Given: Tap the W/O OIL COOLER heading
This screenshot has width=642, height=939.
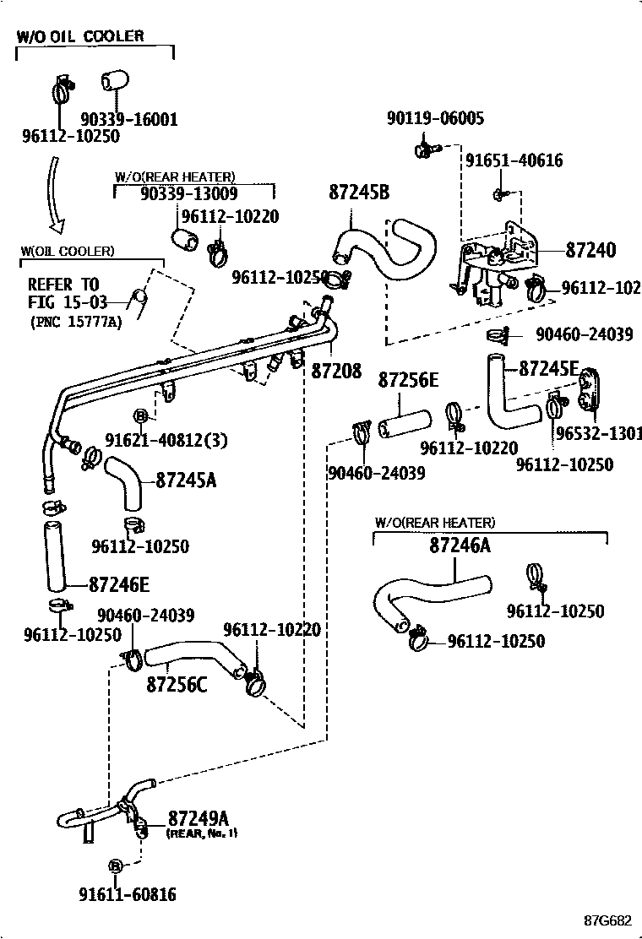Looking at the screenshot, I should click(81, 36).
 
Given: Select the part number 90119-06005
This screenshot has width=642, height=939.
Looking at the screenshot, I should click(436, 119).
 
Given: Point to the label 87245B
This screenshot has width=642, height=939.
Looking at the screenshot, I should click(359, 193).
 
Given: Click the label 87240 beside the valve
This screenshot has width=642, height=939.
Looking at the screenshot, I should click(590, 250).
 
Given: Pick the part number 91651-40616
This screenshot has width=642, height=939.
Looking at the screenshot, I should click(514, 160).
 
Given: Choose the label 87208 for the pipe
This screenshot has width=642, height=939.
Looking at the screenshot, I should click(337, 369).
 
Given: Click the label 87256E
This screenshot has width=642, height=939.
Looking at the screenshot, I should click(408, 381).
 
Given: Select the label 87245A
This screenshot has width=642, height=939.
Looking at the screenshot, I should click(187, 480).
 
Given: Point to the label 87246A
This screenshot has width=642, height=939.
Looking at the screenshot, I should click(460, 545).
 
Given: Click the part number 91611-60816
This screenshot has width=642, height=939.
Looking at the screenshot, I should click(128, 894).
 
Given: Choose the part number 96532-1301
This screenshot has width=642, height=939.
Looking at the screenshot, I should click(599, 434).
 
